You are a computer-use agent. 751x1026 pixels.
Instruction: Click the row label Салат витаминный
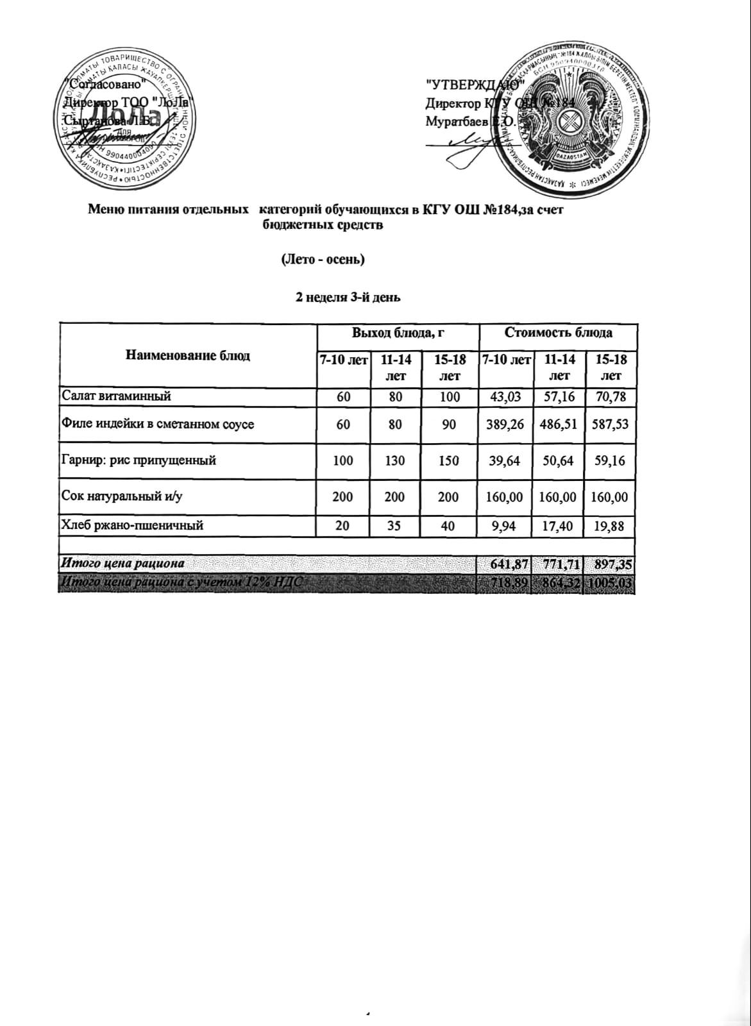tap(116, 396)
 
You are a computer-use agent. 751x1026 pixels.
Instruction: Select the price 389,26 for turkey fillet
tap(505, 424)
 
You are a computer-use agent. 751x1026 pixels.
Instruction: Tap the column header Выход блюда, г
tap(398, 332)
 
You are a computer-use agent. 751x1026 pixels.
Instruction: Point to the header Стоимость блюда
tap(558, 332)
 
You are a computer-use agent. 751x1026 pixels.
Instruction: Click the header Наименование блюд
tap(187, 355)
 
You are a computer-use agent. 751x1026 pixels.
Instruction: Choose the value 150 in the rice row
tap(450, 460)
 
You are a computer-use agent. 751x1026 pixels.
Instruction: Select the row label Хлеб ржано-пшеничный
tap(132, 526)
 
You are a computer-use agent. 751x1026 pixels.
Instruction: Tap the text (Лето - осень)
tap(323, 260)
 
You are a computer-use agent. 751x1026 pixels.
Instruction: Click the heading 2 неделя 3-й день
tap(348, 296)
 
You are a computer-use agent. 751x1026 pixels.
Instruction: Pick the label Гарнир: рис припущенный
tap(139, 460)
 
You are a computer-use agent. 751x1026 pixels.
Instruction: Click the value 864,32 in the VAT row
tap(559, 583)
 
